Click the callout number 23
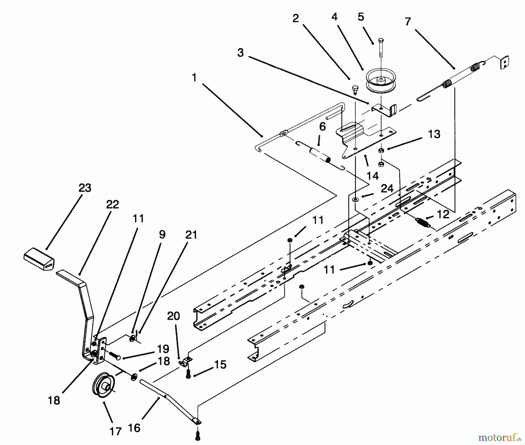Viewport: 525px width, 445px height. point(85,188)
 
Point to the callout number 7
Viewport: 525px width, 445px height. point(408,22)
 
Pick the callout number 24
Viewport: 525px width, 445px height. point(387,189)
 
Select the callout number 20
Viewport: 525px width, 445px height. point(174,316)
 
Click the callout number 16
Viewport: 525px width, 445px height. point(134,428)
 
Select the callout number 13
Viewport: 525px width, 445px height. point(434,134)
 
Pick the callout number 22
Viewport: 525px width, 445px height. point(112,204)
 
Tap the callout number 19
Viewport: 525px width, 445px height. point(163,349)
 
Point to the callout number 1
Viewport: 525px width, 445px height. point(194,78)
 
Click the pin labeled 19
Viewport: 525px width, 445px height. point(115,356)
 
